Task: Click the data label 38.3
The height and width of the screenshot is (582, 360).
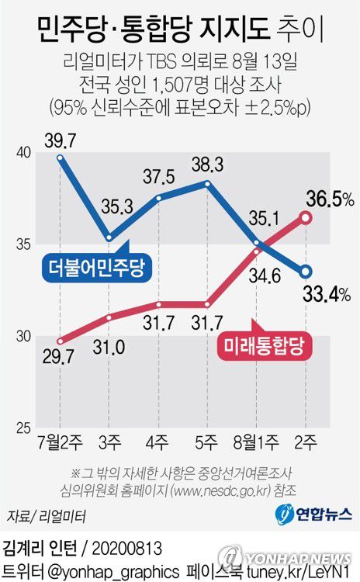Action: [206, 164]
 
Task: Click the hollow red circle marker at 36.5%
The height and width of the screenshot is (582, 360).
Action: [306, 218]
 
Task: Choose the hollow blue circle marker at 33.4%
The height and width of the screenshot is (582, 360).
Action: [306, 272]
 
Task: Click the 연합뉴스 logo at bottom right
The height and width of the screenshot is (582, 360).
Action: [313, 514]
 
